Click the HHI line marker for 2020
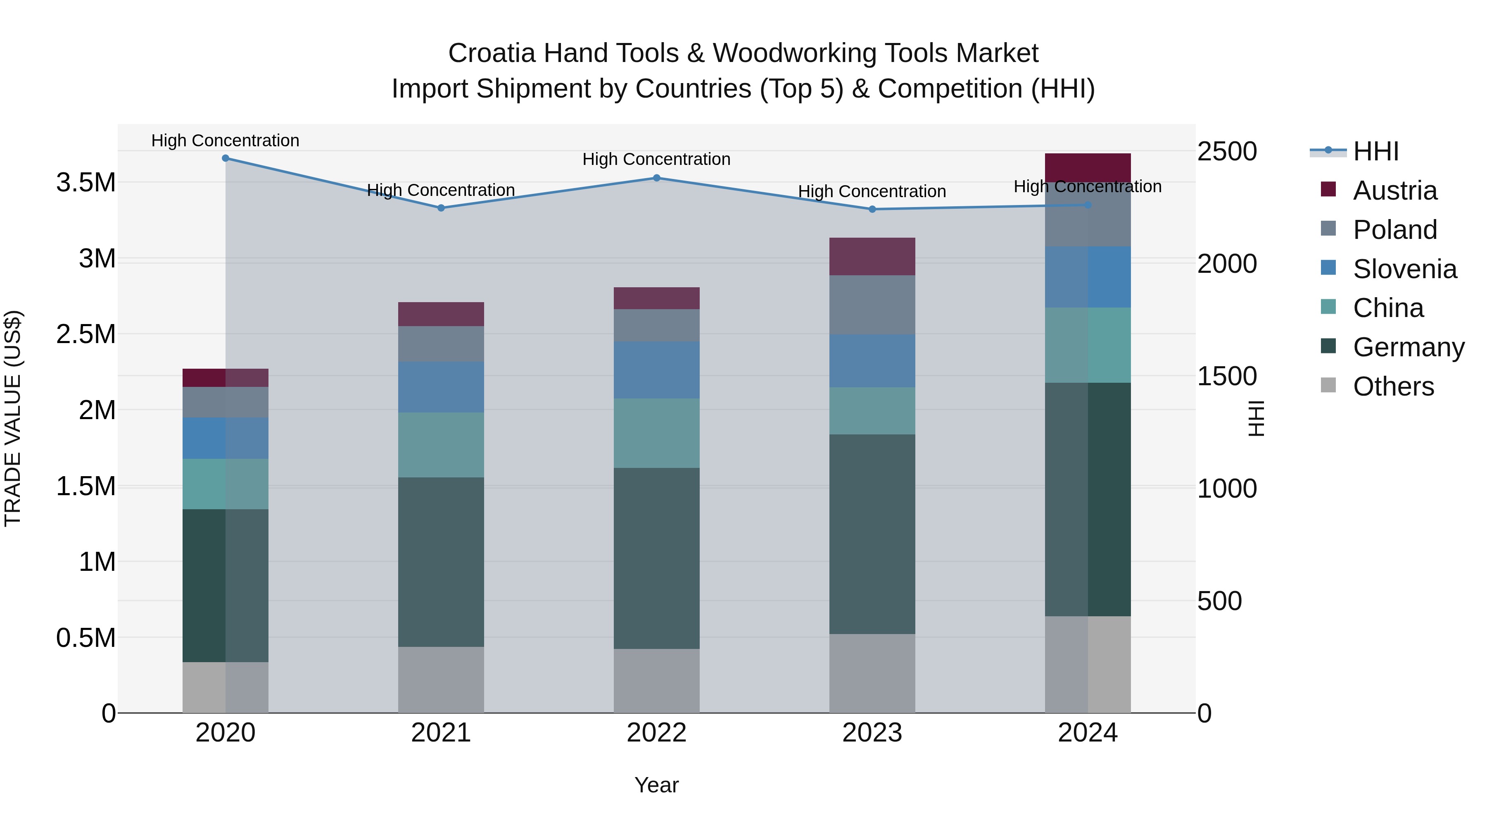point(226,158)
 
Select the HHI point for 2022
point(656,178)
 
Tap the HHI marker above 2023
point(872,209)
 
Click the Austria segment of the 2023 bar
point(872,256)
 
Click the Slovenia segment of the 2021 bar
point(441,387)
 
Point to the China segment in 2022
point(656,433)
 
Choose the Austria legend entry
point(1394,191)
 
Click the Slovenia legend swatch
point(1328,268)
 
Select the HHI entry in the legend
point(1375,151)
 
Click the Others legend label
point(1394,386)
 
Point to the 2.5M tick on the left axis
point(86,334)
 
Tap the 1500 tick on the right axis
point(1227,376)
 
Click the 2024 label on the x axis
point(1088,733)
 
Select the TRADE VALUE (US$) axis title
point(13,418)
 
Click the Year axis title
point(656,785)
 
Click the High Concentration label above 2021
point(441,190)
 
